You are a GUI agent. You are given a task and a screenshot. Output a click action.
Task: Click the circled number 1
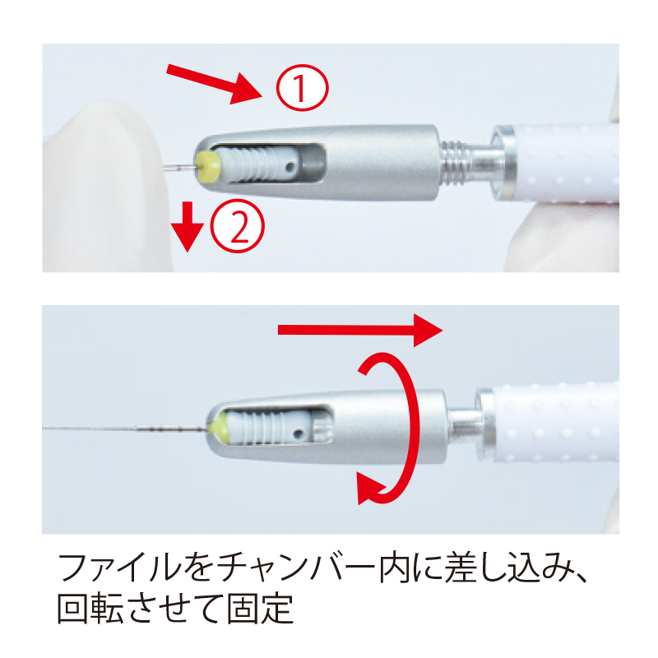(302, 88)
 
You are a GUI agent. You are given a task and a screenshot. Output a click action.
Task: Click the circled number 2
(238, 225)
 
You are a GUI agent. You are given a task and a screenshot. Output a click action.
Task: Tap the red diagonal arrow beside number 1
(215, 84)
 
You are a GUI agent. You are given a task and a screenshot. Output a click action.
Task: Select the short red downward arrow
(188, 227)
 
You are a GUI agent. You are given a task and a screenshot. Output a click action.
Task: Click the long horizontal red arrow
(360, 331)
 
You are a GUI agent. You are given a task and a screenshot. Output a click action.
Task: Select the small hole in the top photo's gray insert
(290, 168)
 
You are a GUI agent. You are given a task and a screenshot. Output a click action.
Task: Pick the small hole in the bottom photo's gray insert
(299, 433)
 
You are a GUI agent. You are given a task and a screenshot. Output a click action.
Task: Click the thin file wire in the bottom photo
(125, 429)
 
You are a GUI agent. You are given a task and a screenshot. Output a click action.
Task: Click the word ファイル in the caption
(119, 568)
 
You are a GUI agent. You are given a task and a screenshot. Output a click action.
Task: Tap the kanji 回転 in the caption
(90, 609)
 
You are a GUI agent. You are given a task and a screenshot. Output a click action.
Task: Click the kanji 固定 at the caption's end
(260, 609)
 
